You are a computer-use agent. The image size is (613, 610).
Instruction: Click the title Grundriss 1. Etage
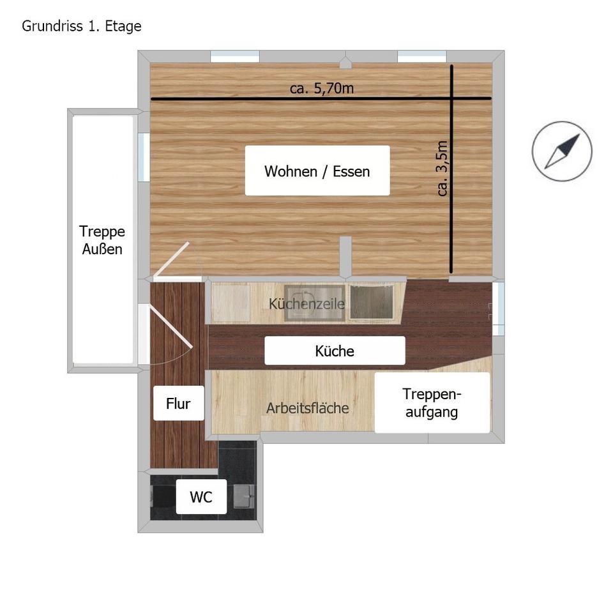[81, 27]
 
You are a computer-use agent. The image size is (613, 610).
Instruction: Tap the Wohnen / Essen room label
[317, 171]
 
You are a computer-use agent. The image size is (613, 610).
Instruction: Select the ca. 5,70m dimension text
[321, 88]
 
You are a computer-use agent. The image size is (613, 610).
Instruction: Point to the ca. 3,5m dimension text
[442, 168]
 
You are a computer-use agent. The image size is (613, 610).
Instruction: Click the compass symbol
[562, 151]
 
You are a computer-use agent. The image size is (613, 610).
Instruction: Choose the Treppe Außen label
[102, 240]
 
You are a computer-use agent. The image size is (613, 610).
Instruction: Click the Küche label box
[335, 351]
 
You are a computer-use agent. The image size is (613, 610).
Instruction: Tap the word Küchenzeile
[307, 303]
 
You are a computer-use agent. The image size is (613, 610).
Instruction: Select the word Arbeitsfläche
[308, 408]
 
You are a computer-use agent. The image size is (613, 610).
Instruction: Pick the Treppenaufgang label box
[432, 403]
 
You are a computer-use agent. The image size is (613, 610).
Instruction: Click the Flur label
[178, 403]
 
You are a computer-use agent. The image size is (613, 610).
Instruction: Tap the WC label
[201, 496]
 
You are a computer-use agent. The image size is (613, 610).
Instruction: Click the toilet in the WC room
[163, 496]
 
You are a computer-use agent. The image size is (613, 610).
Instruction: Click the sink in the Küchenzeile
[315, 303]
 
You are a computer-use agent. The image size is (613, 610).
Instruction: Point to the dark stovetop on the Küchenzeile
[372, 302]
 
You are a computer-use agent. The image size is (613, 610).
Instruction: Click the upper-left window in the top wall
[235, 56]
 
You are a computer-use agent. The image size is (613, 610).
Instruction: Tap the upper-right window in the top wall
[422, 56]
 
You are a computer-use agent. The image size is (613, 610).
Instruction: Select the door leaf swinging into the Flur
[171, 327]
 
